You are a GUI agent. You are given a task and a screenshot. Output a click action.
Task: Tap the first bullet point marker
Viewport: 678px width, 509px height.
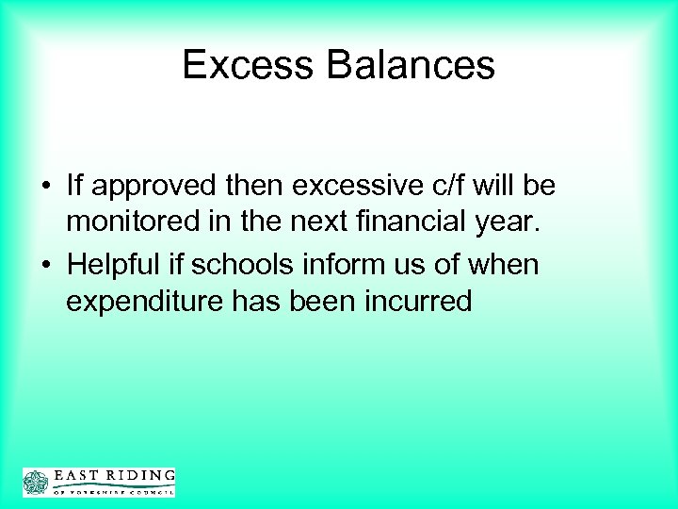click(x=46, y=187)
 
